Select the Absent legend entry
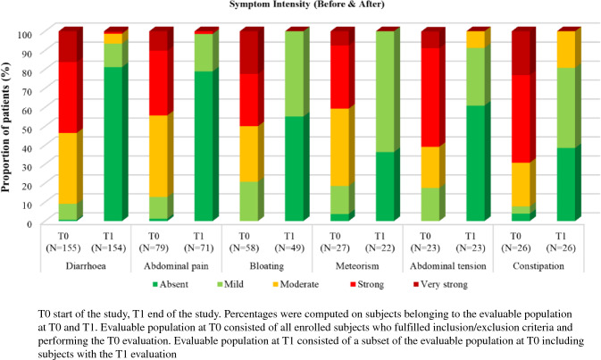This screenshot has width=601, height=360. click(171, 284)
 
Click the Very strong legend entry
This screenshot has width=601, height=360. click(440, 284)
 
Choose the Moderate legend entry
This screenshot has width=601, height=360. click(296, 284)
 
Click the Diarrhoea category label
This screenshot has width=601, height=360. click(86, 265)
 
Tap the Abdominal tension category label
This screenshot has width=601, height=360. click(448, 265)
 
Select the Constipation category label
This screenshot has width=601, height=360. click(538, 265)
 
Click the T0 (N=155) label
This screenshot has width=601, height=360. click(63, 242)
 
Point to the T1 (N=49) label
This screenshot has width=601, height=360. click(289, 242)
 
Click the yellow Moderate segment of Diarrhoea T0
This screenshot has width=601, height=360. click(68, 168)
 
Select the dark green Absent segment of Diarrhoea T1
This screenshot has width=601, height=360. click(113, 144)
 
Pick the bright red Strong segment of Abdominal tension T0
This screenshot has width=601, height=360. click(430, 97)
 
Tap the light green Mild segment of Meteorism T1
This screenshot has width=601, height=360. click(385, 92)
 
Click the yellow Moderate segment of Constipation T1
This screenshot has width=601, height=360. click(566, 49)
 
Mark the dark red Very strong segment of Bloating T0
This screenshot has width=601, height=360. click(249, 53)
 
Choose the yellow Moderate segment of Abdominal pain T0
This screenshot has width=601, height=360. click(158, 156)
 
